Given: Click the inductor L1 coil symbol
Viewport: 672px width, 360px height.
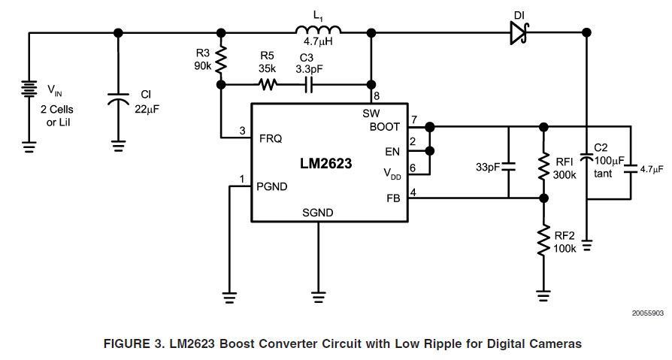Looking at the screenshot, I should pos(319,31).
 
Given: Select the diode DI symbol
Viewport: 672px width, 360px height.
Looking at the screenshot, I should pos(519,32).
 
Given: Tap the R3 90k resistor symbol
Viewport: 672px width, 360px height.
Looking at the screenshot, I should pos(221,59).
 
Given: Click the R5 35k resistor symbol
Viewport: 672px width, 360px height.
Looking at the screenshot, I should pos(268,84).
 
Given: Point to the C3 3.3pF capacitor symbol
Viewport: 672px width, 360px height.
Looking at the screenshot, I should pos(308,84).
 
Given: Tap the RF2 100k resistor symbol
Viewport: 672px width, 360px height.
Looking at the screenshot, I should pos(543,241).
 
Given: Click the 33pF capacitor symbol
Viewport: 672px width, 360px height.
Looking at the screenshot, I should pos(509,166).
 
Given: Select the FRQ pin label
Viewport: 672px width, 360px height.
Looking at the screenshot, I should pos(271,138).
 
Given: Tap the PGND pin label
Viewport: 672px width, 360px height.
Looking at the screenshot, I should pos(274,185).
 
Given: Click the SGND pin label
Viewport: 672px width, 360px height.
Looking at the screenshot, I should pos(318,213).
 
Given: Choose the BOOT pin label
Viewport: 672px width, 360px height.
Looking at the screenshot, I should pos(384,126).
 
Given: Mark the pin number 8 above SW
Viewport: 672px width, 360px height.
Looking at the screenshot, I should pos(377,97).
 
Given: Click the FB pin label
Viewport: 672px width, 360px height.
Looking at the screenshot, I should pos(392,198).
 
